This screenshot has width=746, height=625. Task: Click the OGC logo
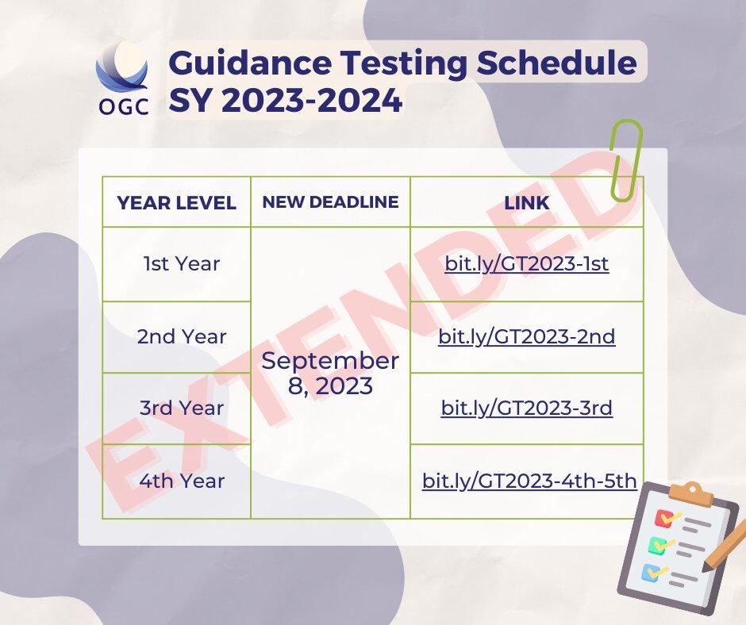pos(121,79)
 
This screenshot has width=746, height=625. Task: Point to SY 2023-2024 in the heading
pos(285,101)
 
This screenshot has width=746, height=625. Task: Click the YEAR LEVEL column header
pos(176,202)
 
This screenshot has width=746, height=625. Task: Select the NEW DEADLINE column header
pos(330,201)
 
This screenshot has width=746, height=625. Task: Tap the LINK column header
pos(526,202)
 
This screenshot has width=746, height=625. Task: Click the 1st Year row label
pos(182,264)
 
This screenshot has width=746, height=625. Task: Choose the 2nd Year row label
pos(182,336)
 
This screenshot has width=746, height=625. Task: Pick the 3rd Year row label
pos(182,408)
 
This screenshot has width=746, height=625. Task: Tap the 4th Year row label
pos(182,481)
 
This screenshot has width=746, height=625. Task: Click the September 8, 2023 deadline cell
pos(330,373)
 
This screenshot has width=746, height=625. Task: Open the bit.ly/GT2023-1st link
pos(526,264)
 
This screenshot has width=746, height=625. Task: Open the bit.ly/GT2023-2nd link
pos(526,336)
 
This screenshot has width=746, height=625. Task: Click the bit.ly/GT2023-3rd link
pos(526,408)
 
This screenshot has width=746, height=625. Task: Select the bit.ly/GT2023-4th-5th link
pos(529,481)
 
